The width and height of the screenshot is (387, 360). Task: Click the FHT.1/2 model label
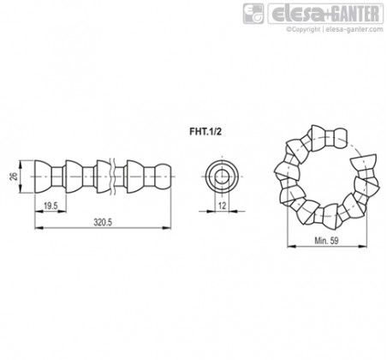pyautogui.click(x=205, y=131)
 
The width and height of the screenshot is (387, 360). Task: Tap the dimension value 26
pyautogui.click(x=14, y=177)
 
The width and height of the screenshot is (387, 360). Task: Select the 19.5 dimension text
pyautogui.click(x=51, y=206)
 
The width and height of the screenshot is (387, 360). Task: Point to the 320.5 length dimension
pyautogui.click(x=103, y=222)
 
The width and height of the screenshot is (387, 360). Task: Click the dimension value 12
pyautogui.click(x=222, y=206)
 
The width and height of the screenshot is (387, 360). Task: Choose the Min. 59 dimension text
pyautogui.click(x=326, y=241)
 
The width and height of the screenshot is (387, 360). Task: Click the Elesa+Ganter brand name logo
pyautogui.click(x=325, y=14)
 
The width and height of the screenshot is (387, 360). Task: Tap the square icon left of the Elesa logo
pyautogui.click(x=253, y=14)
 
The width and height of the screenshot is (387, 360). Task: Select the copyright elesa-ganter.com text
pyautogui.click(x=335, y=29)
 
